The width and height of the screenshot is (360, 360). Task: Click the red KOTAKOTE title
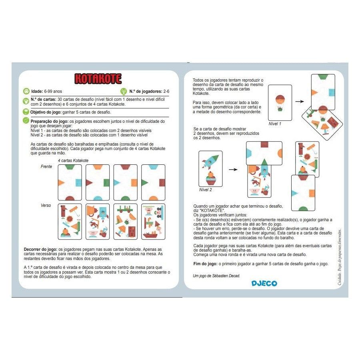(98, 78)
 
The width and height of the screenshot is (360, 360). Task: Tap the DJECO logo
(264, 283)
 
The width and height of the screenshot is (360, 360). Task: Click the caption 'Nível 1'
(275, 124)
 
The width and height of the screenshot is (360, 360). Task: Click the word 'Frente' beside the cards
(46, 166)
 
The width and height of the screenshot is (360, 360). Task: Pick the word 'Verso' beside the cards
(46, 205)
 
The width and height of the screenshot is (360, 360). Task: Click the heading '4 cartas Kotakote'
(73, 160)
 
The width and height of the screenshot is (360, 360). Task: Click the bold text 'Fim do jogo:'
(206, 264)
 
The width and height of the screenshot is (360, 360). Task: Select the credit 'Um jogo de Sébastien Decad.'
(216, 276)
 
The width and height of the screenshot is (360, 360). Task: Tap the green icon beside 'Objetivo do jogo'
(26, 112)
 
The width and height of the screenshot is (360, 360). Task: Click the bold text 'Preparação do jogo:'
(47, 121)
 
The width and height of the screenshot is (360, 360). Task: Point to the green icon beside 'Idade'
(26, 91)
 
